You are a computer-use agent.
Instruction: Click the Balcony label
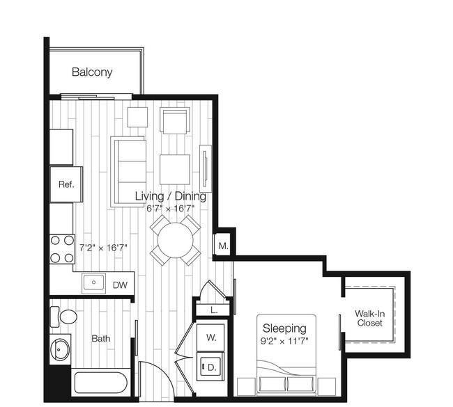click(92, 72)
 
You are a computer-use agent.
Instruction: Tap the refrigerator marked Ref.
click(66, 184)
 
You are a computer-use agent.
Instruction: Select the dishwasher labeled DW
click(120, 285)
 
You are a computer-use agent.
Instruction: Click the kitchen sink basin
click(93, 283)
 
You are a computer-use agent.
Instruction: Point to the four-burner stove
click(62, 249)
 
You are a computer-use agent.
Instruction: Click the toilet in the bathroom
click(64, 317)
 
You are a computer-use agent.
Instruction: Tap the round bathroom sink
click(60, 349)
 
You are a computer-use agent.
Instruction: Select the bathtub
click(101, 383)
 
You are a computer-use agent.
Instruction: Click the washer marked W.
click(210, 337)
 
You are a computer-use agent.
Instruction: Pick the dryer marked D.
click(210, 367)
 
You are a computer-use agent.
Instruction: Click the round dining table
click(176, 240)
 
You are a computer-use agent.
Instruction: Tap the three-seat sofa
click(128, 172)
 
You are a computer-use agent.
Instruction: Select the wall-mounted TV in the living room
click(206, 169)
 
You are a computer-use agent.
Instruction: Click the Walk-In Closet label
click(369, 318)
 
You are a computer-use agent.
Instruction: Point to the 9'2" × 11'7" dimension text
click(284, 341)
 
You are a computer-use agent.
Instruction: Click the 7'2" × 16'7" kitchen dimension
click(103, 248)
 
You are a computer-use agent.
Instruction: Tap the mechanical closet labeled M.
click(223, 246)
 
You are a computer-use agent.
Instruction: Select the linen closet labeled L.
click(214, 310)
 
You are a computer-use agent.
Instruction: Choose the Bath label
click(101, 338)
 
